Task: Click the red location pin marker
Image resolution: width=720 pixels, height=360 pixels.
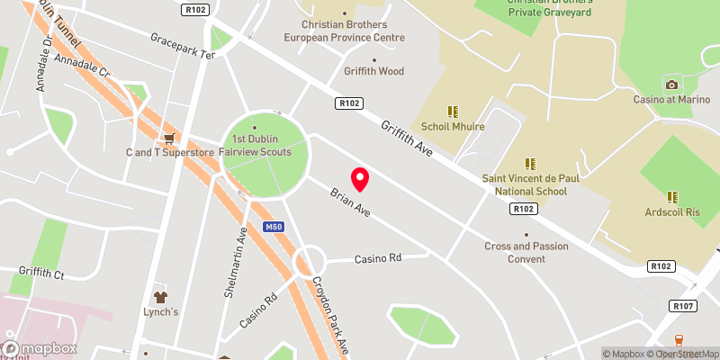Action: [x=360, y=179]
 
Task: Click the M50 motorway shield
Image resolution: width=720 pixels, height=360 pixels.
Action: [x=275, y=227]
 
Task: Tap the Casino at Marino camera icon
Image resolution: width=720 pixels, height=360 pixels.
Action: [x=670, y=85]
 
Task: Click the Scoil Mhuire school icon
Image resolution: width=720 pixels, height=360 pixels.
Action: [x=453, y=112]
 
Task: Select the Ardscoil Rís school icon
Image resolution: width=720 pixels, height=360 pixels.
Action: [x=672, y=196]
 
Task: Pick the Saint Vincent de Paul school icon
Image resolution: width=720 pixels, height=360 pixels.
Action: [x=530, y=164]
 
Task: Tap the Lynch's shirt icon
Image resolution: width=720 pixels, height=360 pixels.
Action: [x=160, y=295]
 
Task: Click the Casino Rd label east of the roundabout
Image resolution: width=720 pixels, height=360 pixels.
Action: [x=377, y=258]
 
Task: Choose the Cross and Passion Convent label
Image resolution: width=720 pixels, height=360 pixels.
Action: [x=526, y=252]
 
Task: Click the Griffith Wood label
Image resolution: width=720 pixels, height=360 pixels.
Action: [x=373, y=71]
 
